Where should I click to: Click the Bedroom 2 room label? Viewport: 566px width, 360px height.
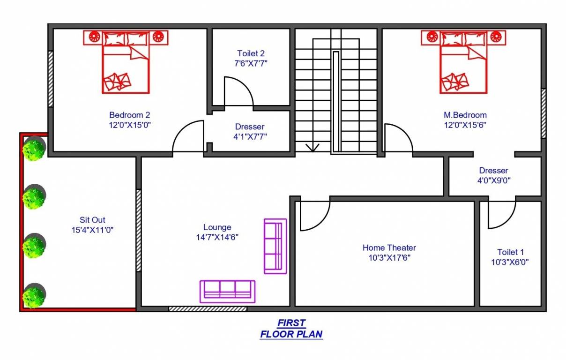click(x=130, y=115)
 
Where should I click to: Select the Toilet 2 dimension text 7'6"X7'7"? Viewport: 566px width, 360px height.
click(x=251, y=63)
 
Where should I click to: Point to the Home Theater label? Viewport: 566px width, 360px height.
click(x=389, y=247)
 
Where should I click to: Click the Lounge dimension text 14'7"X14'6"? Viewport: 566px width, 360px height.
click(x=217, y=237)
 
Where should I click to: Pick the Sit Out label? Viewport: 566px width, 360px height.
click(x=92, y=220)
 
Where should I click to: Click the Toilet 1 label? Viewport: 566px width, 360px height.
click(x=511, y=252)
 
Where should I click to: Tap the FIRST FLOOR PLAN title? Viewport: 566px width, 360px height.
click(x=291, y=329)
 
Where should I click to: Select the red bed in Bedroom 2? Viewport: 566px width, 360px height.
click(x=126, y=62)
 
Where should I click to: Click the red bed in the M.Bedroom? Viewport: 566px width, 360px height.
click(x=463, y=62)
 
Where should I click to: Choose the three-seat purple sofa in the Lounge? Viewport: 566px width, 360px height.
click(x=227, y=291)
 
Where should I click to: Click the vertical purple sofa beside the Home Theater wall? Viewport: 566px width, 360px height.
click(x=275, y=246)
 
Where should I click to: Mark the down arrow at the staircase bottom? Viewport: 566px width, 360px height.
click(x=312, y=147)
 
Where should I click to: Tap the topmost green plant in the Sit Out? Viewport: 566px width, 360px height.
click(x=34, y=149)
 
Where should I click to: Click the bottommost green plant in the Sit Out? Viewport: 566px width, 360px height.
click(x=34, y=296)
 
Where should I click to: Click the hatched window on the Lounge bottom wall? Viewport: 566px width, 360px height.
click(x=208, y=309)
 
